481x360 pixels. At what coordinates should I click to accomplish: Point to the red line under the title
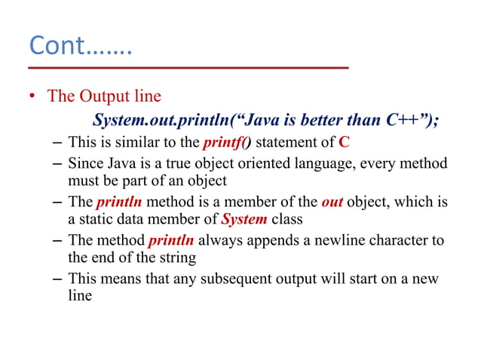(189, 69)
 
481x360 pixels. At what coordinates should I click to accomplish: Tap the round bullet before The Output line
(33, 97)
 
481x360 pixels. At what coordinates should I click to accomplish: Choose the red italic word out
(332, 202)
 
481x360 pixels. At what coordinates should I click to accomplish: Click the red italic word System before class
(244, 219)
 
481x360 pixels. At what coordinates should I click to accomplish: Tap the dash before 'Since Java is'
(58, 163)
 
